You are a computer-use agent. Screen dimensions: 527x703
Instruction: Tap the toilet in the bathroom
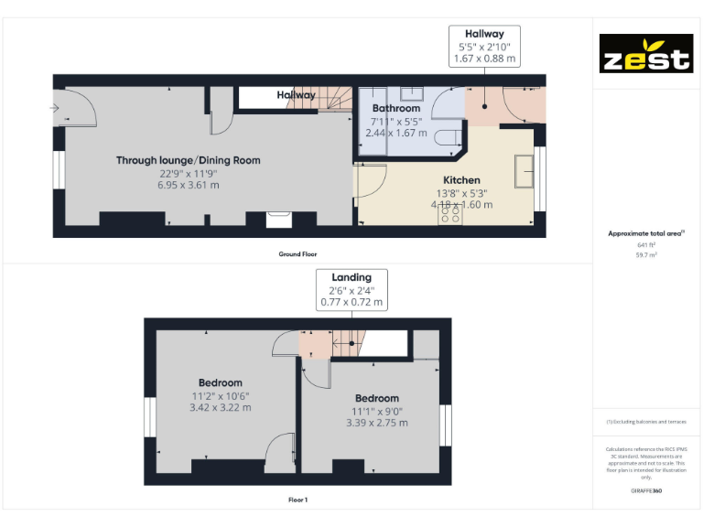coord(449,137)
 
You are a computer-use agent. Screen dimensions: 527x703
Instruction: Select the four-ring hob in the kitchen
coord(450,214)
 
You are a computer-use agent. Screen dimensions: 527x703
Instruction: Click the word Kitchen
coord(461,180)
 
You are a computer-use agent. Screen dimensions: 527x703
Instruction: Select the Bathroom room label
coord(395,108)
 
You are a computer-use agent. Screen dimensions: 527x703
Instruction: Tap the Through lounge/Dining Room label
coord(188,160)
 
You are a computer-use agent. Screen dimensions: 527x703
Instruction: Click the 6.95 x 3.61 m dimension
coord(188,185)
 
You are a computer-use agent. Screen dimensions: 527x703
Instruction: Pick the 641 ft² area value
coord(645,245)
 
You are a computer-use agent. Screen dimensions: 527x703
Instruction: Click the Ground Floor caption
coord(297,253)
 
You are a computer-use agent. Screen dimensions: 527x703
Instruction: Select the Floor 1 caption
coord(297,500)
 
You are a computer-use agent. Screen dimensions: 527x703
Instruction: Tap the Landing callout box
coord(351,289)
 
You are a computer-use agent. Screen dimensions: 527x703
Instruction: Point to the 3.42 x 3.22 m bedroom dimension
coord(221,408)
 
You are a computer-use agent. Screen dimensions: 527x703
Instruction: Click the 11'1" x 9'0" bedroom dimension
coord(376,411)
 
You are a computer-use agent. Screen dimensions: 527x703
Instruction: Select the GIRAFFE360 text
coord(645,491)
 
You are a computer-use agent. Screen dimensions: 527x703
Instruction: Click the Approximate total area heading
coord(645,234)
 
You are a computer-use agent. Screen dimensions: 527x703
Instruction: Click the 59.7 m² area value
coord(645,255)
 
